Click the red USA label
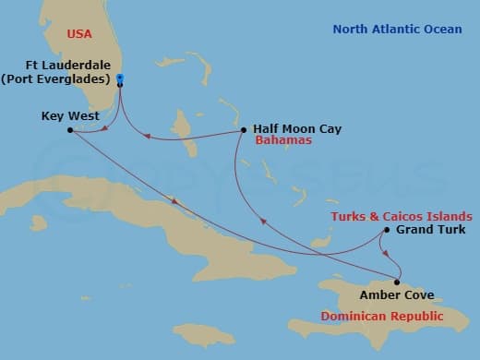80,34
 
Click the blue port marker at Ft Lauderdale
121,80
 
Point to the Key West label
67,116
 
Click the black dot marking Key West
70,130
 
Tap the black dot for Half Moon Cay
243,129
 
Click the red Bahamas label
284,141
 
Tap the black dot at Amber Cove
397,282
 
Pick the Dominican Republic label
381,317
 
